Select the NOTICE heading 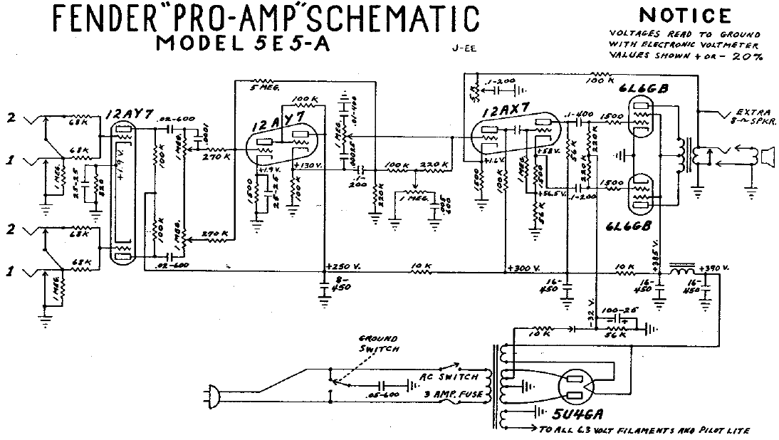tap(685, 15)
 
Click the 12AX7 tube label tap(503, 112)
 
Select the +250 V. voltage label tap(344, 267)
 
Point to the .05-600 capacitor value tap(381, 393)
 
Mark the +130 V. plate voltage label tap(308, 165)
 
